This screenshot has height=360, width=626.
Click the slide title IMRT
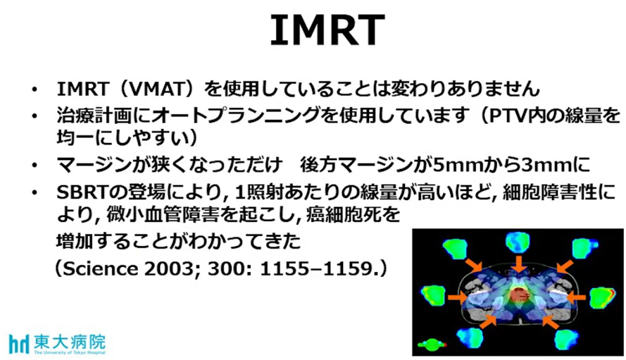(x=327, y=30)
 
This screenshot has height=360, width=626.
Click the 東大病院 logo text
(x=70, y=342)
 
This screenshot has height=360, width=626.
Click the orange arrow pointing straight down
(x=518, y=263)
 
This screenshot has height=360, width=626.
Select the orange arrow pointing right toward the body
(x=458, y=297)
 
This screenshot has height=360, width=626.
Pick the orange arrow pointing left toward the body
(x=576, y=297)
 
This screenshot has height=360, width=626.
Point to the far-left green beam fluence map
(x=434, y=296)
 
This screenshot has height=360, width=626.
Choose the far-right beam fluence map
(x=603, y=297)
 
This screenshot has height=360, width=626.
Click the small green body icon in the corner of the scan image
(x=432, y=344)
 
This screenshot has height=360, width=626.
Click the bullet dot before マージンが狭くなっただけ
(x=35, y=166)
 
